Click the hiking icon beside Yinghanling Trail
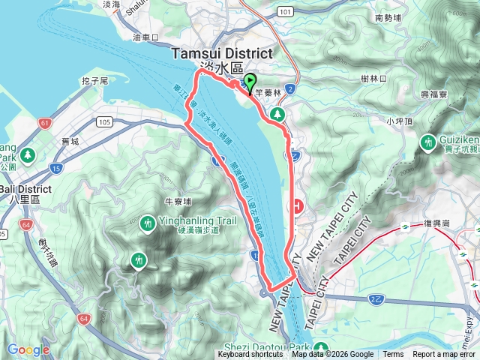[x=147, y=223]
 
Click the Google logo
[x=28, y=349]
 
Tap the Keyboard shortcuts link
[x=250, y=355]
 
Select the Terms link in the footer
[x=393, y=355]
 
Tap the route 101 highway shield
[x=283, y=12]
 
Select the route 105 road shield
[x=104, y=121]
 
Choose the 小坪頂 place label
[x=400, y=120]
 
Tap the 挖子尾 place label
[x=97, y=79]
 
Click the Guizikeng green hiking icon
[x=430, y=141]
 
